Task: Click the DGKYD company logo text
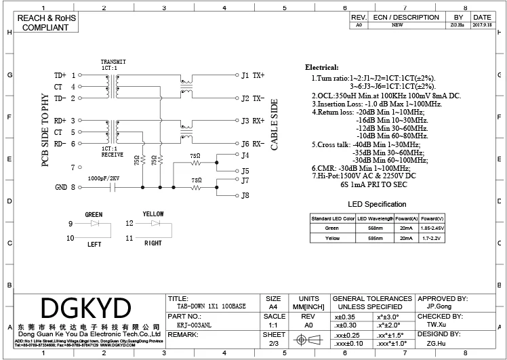click(85, 309)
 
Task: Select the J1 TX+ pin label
click(253, 75)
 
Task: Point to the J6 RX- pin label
click(253, 144)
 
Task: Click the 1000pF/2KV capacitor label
click(104, 178)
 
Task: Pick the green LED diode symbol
click(94, 223)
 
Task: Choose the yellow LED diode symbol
click(156, 223)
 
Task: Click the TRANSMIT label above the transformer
click(113, 62)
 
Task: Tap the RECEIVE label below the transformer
click(112, 154)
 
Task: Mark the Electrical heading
click(321, 68)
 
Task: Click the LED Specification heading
click(377, 204)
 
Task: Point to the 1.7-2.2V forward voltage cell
click(431, 239)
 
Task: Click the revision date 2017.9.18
click(482, 25)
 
